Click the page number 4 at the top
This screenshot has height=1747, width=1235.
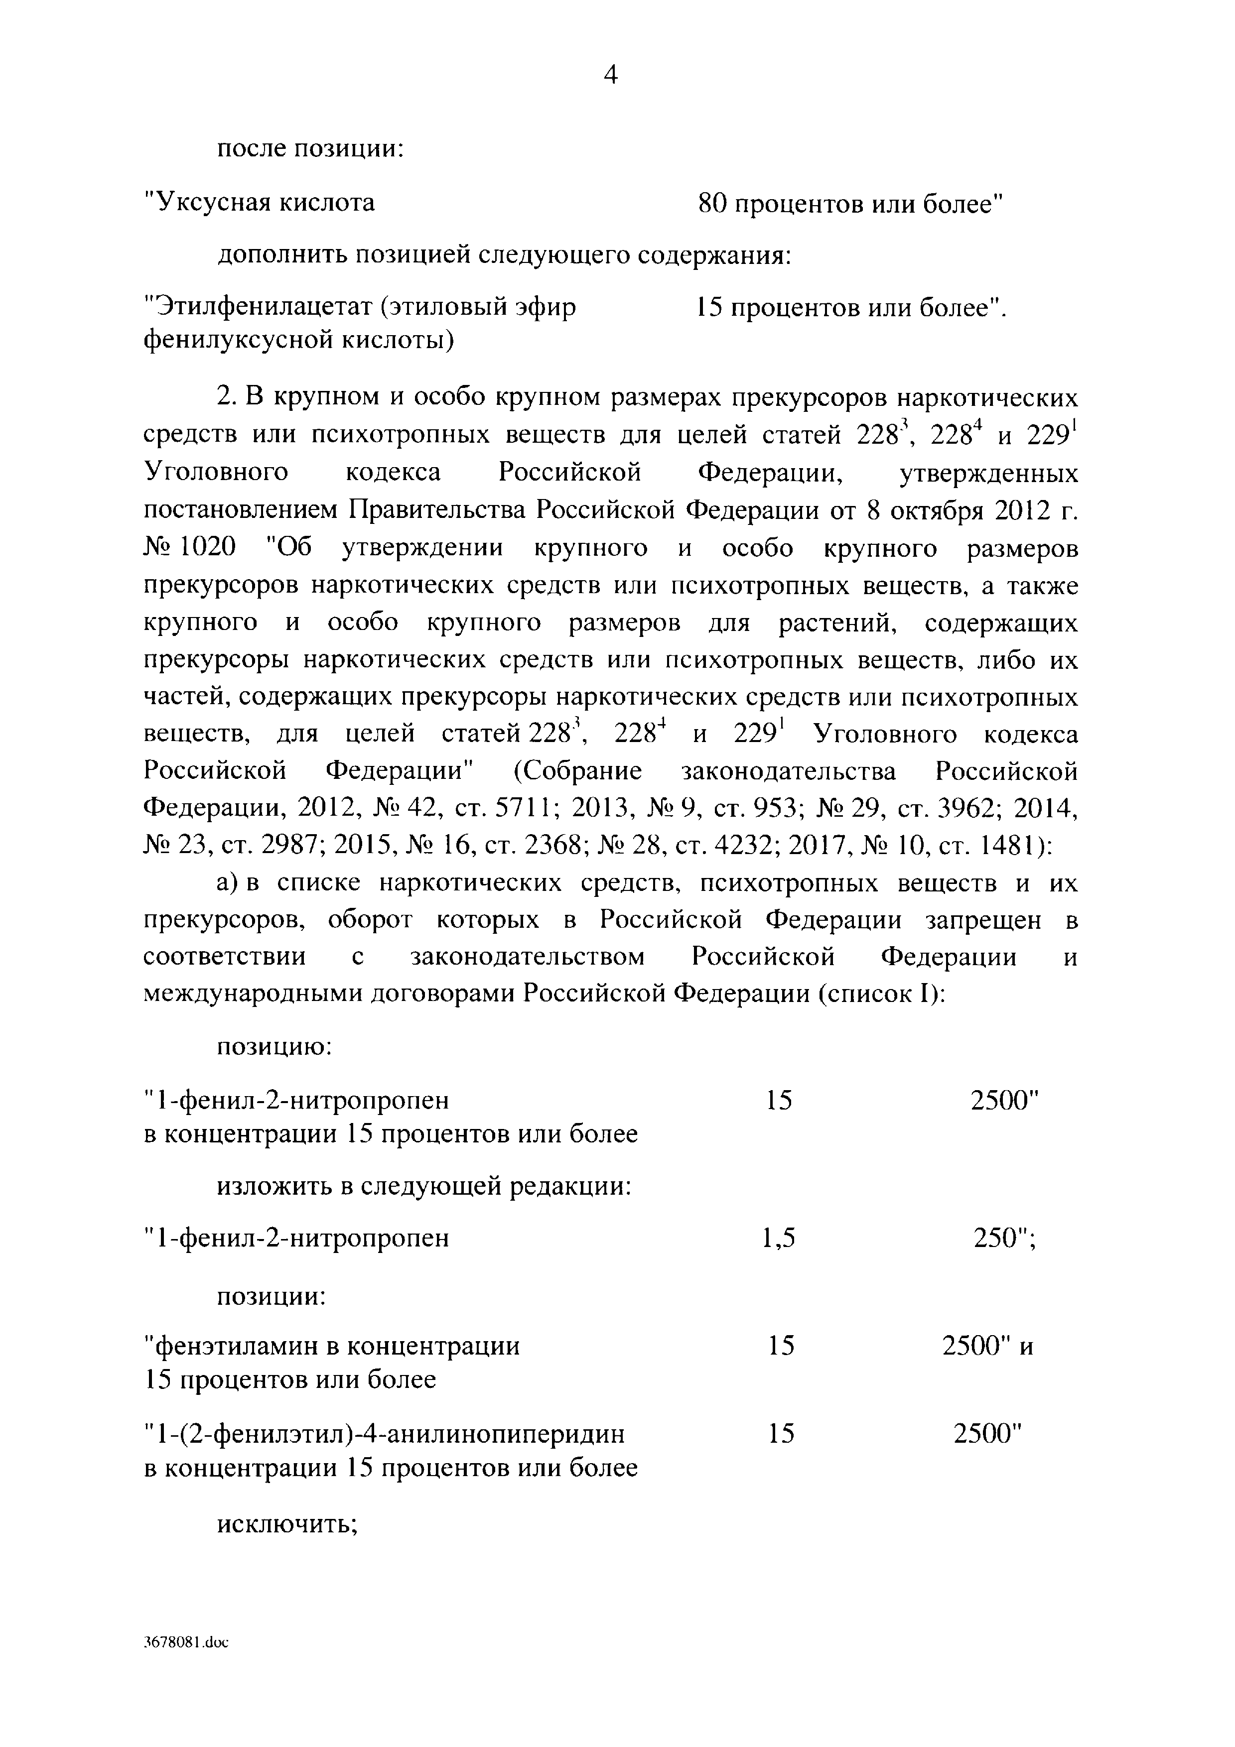tap(610, 75)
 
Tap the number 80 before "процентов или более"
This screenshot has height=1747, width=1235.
tap(712, 204)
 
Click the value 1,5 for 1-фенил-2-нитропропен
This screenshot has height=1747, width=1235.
tap(779, 1239)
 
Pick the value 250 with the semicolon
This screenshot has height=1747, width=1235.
tap(1004, 1239)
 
